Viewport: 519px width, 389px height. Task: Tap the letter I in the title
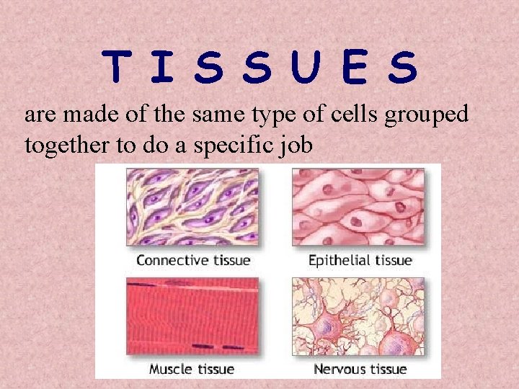tap(164, 67)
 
